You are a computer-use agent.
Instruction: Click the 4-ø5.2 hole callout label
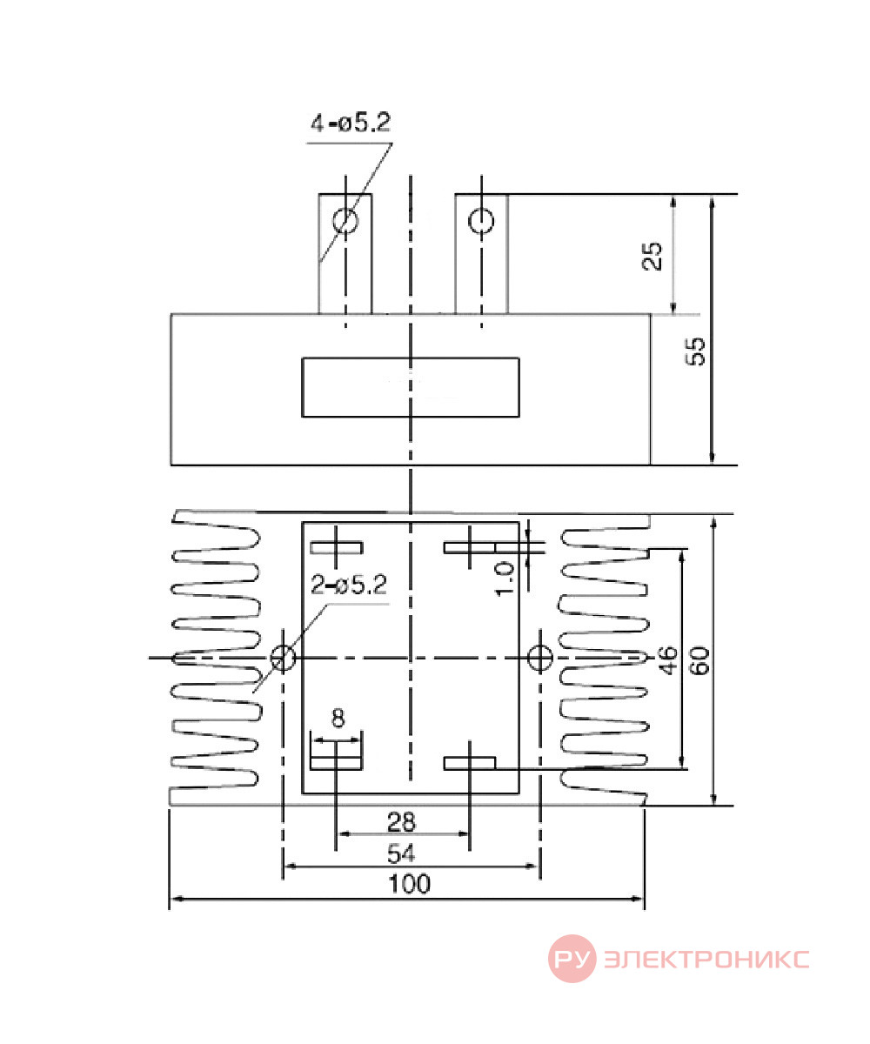[x=351, y=123]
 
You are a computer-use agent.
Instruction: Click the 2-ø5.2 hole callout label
[x=349, y=585]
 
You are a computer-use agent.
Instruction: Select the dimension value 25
[x=652, y=256]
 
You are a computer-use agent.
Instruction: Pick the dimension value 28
[x=401, y=822]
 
